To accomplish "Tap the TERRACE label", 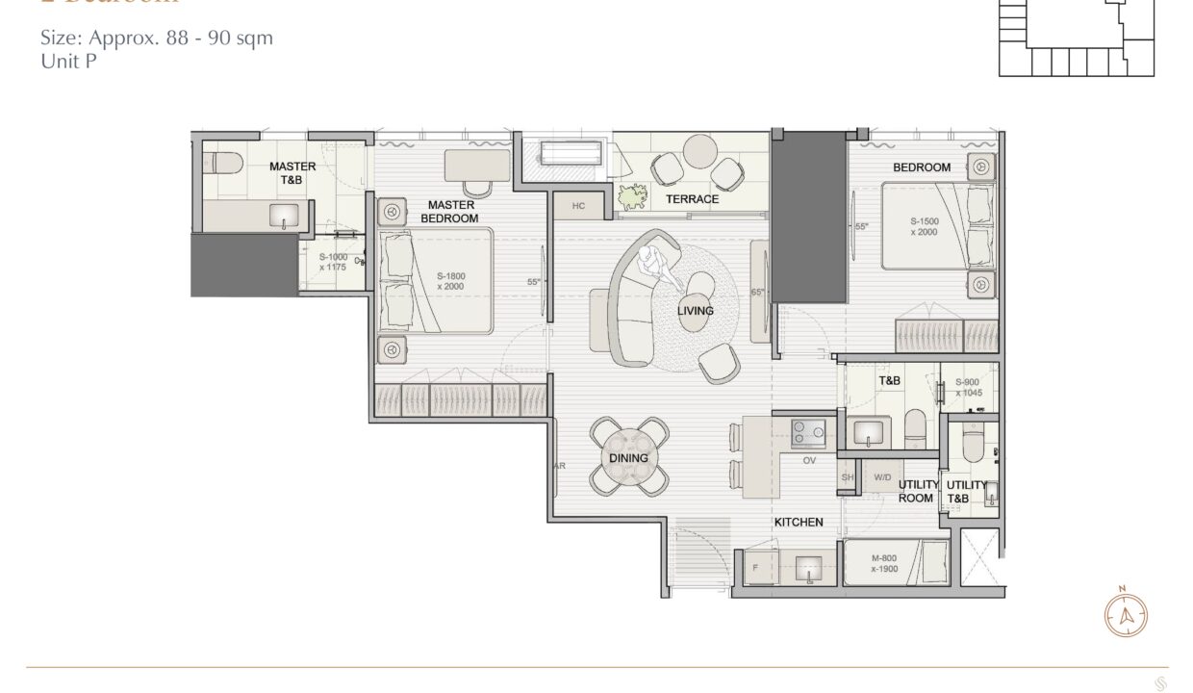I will point(692,199).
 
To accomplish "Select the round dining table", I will point(628,458).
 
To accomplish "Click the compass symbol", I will point(1122,616).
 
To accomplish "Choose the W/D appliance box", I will point(882,477).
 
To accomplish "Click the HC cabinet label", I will point(578,206).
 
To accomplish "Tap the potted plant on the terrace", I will point(632,197).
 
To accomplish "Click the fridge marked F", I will point(755,568).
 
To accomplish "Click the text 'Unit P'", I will point(68,60).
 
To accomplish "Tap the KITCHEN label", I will point(799,522).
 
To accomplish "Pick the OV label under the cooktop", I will point(809,461).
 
